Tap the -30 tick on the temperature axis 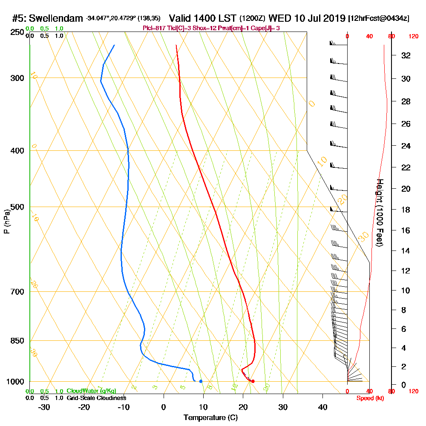tap(44, 407)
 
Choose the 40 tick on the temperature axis tap(322, 407)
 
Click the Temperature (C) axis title tap(210, 418)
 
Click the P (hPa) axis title tap(7, 222)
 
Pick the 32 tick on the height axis tap(406, 55)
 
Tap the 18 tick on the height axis tap(406, 210)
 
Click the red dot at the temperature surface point tap(253, 381)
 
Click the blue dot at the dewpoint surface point tap(201, 381)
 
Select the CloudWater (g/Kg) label tap(91, 391)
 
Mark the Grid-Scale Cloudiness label tap(96, 397)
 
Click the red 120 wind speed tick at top tap(413, 37)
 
